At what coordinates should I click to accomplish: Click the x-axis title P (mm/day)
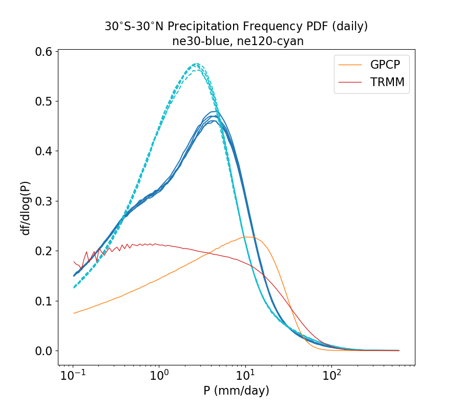[236, 391]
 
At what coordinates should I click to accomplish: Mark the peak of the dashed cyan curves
[196, 64]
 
